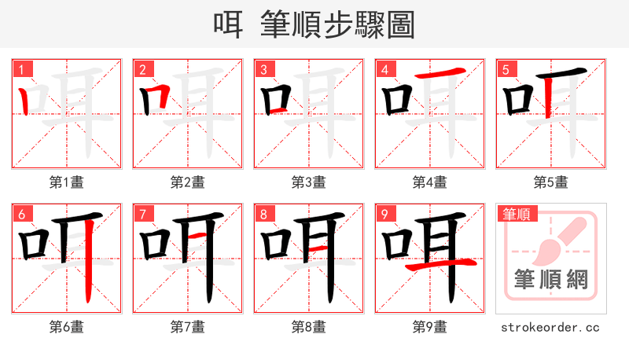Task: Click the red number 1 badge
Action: (21, 69)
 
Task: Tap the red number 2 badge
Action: (142, 69)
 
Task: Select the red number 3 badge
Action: (263, 69)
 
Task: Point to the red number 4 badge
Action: (384, 69)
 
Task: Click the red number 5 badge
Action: (506, 69)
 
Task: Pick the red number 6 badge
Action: (21, 214)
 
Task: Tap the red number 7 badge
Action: (142, 214)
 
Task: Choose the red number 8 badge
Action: (263, 214)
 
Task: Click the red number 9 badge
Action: (384, 214)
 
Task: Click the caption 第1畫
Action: (66, 182)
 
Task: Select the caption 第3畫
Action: (308, 182)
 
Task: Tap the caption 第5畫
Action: (550, 182)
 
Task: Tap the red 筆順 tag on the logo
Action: (516, 213)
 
